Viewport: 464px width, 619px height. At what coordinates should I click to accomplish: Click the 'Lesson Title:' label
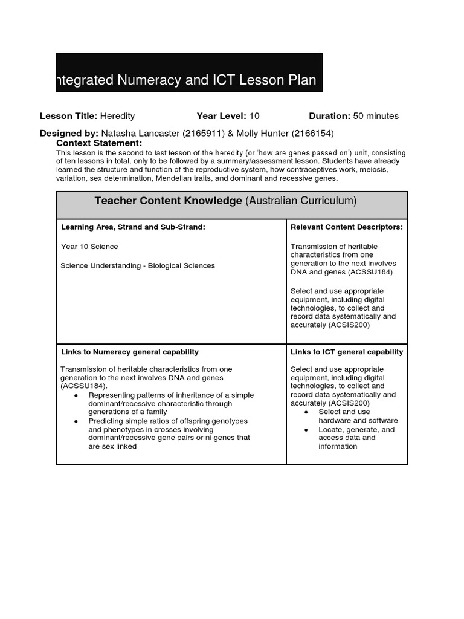point(68,116)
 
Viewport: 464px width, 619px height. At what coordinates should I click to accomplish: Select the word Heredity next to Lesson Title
point(117,116)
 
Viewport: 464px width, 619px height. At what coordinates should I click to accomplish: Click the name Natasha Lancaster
point(140,133)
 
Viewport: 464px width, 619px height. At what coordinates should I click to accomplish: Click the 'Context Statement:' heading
point(99,143)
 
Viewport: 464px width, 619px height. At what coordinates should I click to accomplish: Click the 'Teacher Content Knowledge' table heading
point(168,201)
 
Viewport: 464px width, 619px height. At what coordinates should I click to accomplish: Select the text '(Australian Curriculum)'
point(301,201)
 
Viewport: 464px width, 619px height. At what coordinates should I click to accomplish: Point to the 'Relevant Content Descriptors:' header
point(347,227)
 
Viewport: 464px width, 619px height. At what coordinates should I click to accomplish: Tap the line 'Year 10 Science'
point(89,247)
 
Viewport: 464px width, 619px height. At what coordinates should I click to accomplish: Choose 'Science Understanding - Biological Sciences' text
point(138,265)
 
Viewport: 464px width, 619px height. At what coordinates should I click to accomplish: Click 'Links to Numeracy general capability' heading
point(130,352)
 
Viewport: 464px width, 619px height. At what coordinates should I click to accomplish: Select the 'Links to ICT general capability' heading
point(347,352)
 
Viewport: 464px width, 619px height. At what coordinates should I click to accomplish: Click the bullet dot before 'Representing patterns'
point(76,395)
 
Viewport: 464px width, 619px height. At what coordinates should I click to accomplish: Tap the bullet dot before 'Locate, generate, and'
point(306,430)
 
